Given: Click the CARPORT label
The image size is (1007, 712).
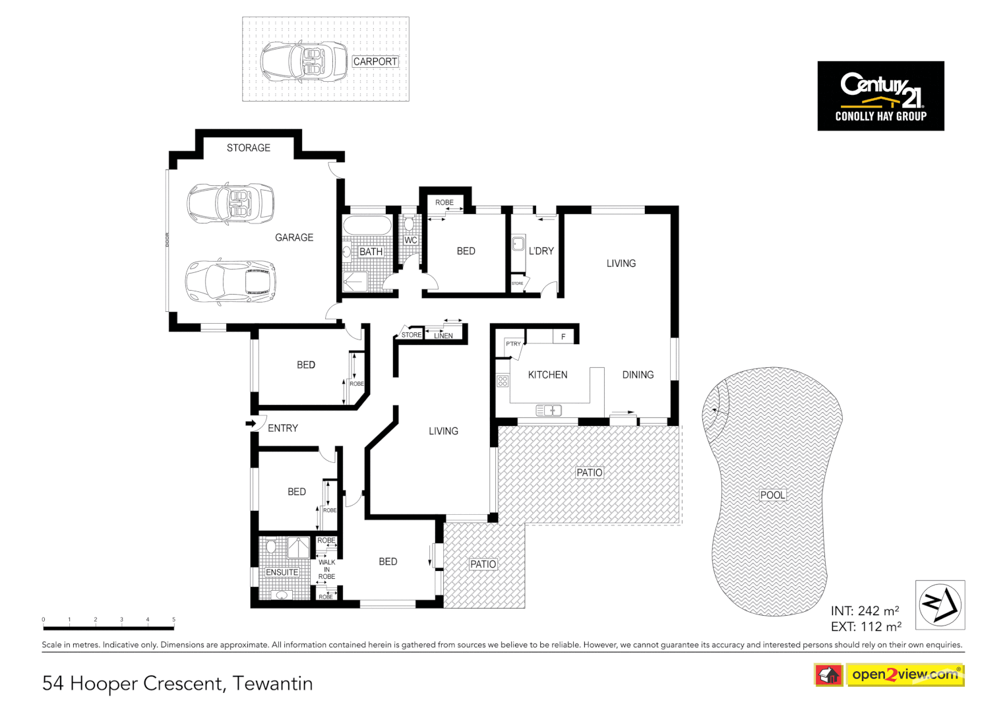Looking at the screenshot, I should coord(375,61).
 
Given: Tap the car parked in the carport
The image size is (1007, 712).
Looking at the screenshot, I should coord(303,61).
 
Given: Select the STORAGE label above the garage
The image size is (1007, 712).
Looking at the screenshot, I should coord(249,148).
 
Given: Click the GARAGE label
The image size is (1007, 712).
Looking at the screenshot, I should coord(294,237).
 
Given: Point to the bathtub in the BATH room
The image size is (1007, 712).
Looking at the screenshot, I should coord(367,225).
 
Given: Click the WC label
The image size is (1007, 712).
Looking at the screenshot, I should coord(411,240).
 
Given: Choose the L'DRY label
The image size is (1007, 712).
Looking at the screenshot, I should coord(541,251).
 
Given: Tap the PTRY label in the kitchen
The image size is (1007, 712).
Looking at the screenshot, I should coord(513,344).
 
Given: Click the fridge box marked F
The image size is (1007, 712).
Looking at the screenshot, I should coord(563,337).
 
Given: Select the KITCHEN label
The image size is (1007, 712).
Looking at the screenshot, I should coord(547,374).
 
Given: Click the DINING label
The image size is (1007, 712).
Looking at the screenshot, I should coord(638,374).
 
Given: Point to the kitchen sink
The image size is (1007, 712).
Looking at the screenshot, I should coord(549,411).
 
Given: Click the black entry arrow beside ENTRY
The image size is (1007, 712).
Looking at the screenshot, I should coord(251,423).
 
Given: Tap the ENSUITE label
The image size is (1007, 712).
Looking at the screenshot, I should coord(282,572).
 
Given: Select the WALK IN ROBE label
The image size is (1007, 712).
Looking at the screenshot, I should coord(326,570).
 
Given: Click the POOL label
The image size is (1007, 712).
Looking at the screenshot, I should coord(772,495).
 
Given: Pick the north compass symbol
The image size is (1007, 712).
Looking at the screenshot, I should coord(940,605).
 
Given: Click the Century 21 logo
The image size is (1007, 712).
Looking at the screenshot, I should coord(880,96).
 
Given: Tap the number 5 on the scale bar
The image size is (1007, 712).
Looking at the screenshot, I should coord(174,620).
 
